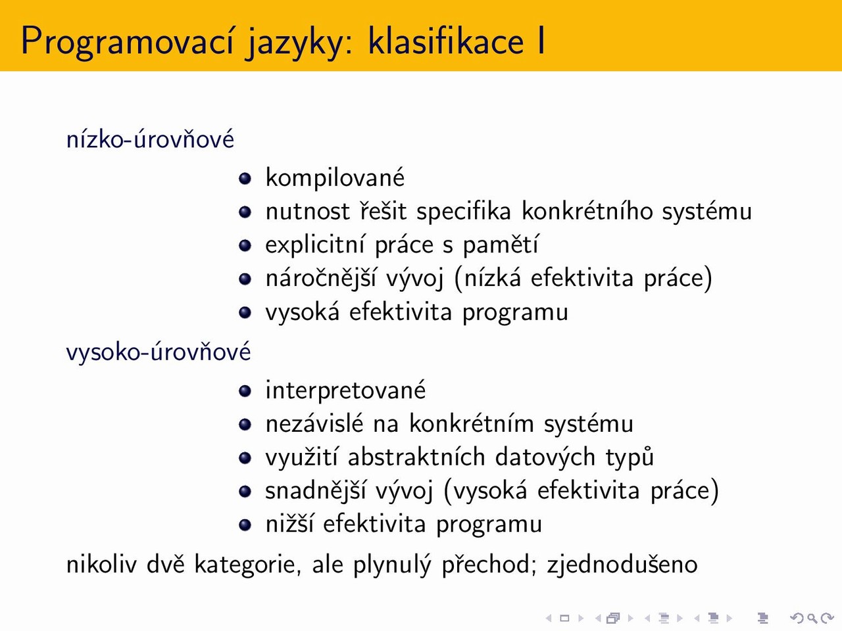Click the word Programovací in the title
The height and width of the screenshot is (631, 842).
126,42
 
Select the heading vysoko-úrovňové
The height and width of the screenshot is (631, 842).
159,352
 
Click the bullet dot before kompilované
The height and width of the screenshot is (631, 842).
245,178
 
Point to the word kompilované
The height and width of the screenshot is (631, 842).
335,177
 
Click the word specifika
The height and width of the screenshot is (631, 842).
464,212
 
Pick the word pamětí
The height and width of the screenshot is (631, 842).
501,245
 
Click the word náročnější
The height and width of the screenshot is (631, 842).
321,278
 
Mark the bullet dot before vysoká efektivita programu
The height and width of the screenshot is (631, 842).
245,312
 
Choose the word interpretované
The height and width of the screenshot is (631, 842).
345,390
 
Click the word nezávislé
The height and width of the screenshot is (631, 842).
314,423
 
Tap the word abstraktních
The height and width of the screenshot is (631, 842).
416,457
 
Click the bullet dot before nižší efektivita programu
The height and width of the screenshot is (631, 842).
245,525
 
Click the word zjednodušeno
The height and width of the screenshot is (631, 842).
622,565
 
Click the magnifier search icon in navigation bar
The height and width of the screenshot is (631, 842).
812,618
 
